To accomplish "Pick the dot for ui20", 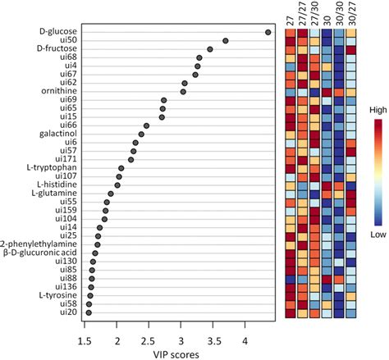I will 89,312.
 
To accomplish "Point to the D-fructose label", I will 57,49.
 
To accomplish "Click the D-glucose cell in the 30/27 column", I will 351,32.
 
